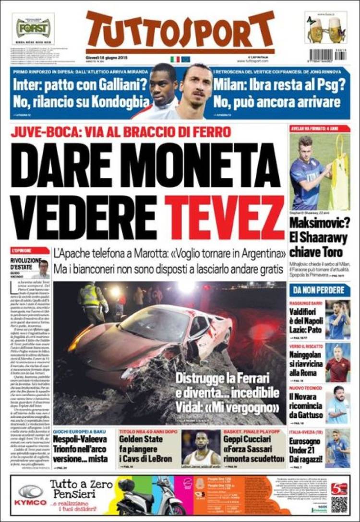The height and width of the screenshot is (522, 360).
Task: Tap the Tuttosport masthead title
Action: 180,31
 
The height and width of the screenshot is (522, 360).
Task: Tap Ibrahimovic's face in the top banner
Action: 195,91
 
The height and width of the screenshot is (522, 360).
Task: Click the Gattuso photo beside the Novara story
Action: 338,404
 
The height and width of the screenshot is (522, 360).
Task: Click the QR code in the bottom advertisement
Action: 339,504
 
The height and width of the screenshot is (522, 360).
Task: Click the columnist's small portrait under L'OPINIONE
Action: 43,269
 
